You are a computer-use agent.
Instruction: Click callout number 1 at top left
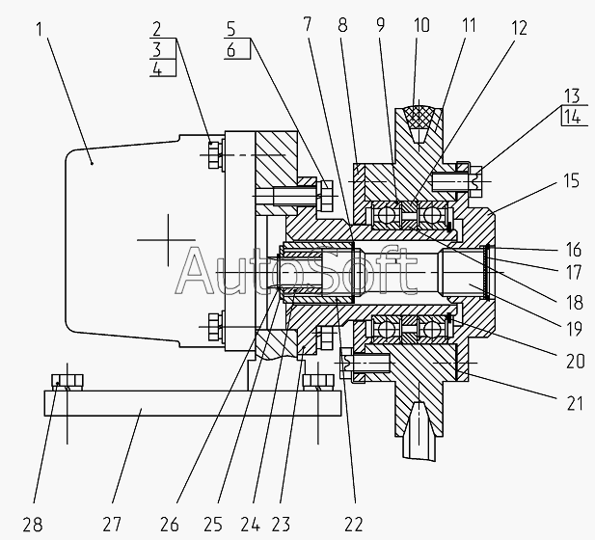(x=40, y=29)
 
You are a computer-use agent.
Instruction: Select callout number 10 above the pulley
(x=421, y=25)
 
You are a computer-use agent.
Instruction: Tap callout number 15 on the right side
(x=571, y=181)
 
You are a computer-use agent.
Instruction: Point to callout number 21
(x=575, y=403)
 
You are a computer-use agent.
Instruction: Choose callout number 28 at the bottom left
(x=33, y=525)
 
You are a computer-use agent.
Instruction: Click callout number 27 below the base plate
(x=112, y=525)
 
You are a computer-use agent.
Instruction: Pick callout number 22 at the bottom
(x=354, y=525)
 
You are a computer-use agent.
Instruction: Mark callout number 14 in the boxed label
(x=572, y=117)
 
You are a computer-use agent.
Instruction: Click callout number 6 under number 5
(x=231, y=50)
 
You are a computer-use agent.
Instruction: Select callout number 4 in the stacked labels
(x=157, y=69)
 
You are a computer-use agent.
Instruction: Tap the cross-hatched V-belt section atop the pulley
(x=419, y=116)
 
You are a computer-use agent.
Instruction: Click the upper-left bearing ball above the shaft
(x=386, y=216)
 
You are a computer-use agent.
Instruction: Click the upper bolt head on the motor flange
(x=213, y=155)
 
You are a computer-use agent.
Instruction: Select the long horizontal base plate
(x=193, y=403)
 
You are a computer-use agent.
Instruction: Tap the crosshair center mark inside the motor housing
(x=168, y=240)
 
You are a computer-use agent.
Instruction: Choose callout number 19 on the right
(x=574, y=329)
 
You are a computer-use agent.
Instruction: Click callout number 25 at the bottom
(x=212, y=525)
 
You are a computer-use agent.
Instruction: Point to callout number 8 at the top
(x=342, y=25)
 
